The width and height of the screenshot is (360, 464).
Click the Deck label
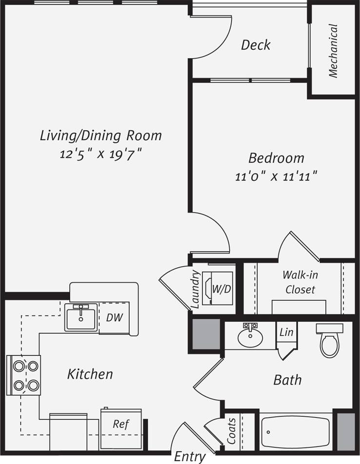(x=256, y=45)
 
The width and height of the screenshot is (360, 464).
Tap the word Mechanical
(x=333, y=51)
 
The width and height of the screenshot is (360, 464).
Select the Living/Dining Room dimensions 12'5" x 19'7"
(x=100, y=155)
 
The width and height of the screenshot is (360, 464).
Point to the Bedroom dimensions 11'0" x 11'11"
(x=276, y=176)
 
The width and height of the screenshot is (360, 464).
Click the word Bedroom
(x=276, y=158)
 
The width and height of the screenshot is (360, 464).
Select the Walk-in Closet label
(x=300, y=282)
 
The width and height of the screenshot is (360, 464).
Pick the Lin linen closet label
(x=286, y=332)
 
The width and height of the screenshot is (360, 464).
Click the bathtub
(x=296, y=432)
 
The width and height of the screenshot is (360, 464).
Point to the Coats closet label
(x=232, y=430)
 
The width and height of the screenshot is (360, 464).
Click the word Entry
(x=190, y=457)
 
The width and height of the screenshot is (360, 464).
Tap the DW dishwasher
(x=115, y=317)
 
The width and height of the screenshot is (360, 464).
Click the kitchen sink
(x=81, y=317)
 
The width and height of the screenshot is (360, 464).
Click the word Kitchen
(x=90, y=374)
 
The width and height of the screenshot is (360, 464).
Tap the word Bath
(x=287, y=380)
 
